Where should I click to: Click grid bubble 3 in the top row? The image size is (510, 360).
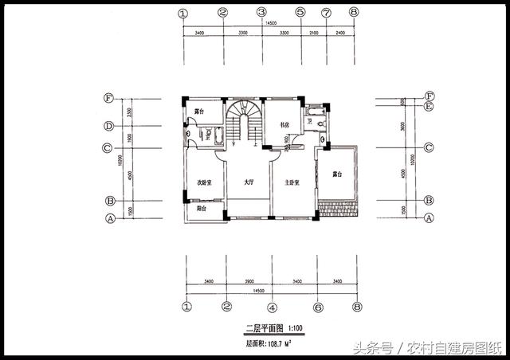(x=261, y=13)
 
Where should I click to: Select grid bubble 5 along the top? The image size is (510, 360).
(x=300, y=13)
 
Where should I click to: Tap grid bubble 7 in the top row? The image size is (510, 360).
(x=327, y=13)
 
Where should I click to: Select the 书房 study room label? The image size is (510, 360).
(x=285, y=124)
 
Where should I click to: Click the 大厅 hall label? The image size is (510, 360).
(x=249, y=183)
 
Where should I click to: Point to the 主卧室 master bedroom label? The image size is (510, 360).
(x=292, y=183)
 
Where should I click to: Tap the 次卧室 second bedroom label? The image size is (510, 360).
(x=203, y=183)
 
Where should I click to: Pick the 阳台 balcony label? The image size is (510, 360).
(x=202, y=209)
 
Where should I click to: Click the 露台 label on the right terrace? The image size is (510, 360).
(x=337, y=174)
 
